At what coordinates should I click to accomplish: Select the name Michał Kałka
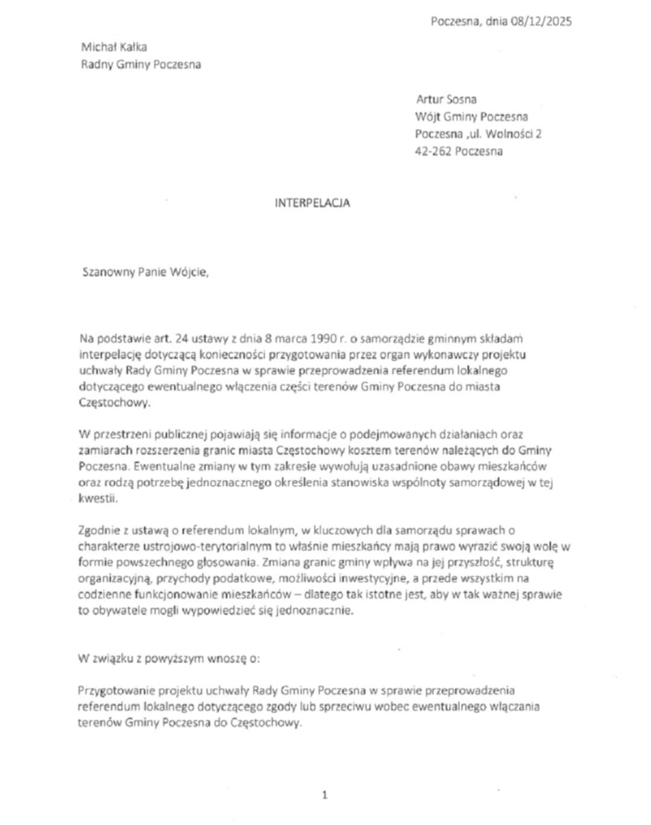(x=114, y=47)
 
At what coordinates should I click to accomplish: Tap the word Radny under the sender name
(x=97, y=64)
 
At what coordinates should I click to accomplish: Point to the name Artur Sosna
(x=446, y=100)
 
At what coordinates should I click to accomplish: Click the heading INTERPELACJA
(x=313, y=205)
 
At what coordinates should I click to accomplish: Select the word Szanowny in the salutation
(x=109, y=272)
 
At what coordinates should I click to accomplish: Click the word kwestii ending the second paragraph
(x=97, y=499)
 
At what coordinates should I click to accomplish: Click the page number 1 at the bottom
(x=325, y=795)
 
